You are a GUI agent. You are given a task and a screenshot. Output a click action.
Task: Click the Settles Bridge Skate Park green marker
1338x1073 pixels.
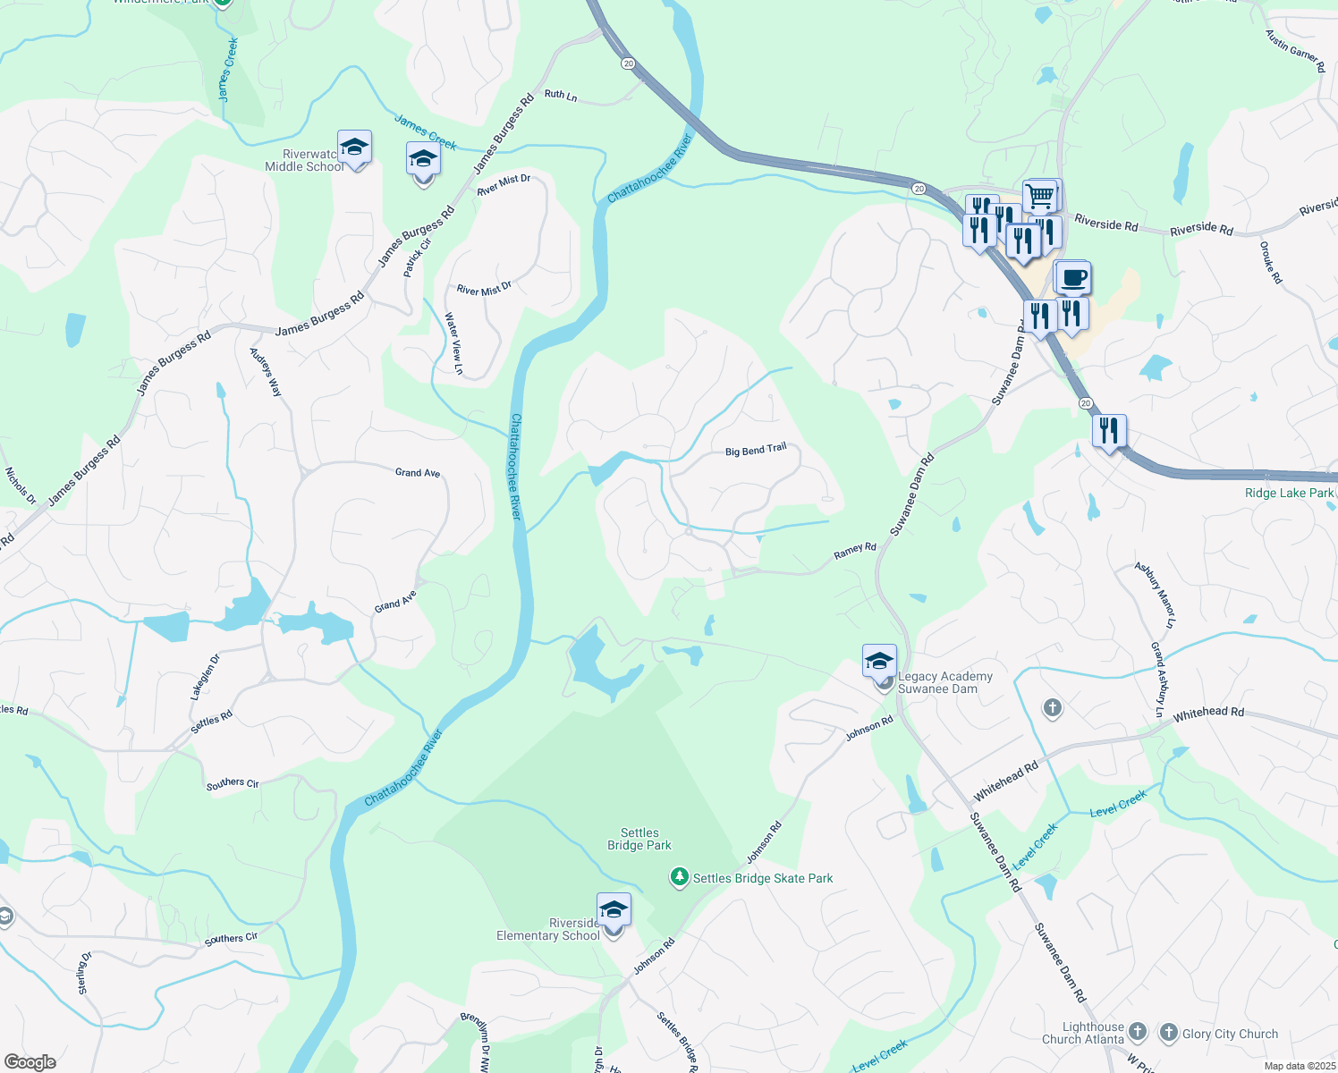tap(680, 877)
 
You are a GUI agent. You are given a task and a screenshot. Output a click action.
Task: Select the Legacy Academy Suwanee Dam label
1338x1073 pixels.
tap(945, 683)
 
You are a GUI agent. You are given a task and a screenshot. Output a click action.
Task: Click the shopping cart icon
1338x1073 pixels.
tap(1039, 196)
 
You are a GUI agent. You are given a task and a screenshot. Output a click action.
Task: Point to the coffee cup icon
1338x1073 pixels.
tap(1073, 278)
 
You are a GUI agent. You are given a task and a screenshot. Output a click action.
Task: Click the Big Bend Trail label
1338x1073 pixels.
tap(756, 450)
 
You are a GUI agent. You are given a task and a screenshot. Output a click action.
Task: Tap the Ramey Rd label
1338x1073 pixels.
tap(854, 551)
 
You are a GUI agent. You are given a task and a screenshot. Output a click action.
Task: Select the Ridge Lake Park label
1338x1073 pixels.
tap(1289, 493)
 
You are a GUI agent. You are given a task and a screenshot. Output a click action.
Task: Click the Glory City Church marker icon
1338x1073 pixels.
tap(1168, 1033)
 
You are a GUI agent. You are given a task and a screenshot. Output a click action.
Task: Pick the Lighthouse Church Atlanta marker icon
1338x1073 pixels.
tap(1137, 1032)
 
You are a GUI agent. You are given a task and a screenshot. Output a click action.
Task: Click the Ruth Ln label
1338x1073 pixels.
tap(561, 94)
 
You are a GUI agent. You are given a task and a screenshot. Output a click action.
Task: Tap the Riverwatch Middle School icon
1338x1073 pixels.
tap(355, 148)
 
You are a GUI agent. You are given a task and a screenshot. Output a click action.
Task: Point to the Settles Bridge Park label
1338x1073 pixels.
tap(639, 839)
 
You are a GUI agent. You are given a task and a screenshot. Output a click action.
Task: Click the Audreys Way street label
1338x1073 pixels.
tap(265, 372)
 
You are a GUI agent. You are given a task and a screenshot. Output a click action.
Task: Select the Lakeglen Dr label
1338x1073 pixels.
tap(205, 677)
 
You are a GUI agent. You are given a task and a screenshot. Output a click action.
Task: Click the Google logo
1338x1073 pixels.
tap(30, 1062)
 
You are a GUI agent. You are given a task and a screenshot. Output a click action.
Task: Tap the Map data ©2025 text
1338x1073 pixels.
tap(1299, 1066)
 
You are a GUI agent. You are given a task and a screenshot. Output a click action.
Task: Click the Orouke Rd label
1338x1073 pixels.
tap(1270, 263)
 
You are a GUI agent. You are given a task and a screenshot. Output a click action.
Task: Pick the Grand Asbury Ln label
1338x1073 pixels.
tap(1158, 680)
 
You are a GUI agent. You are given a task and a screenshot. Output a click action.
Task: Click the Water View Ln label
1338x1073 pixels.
tap(454, 343)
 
